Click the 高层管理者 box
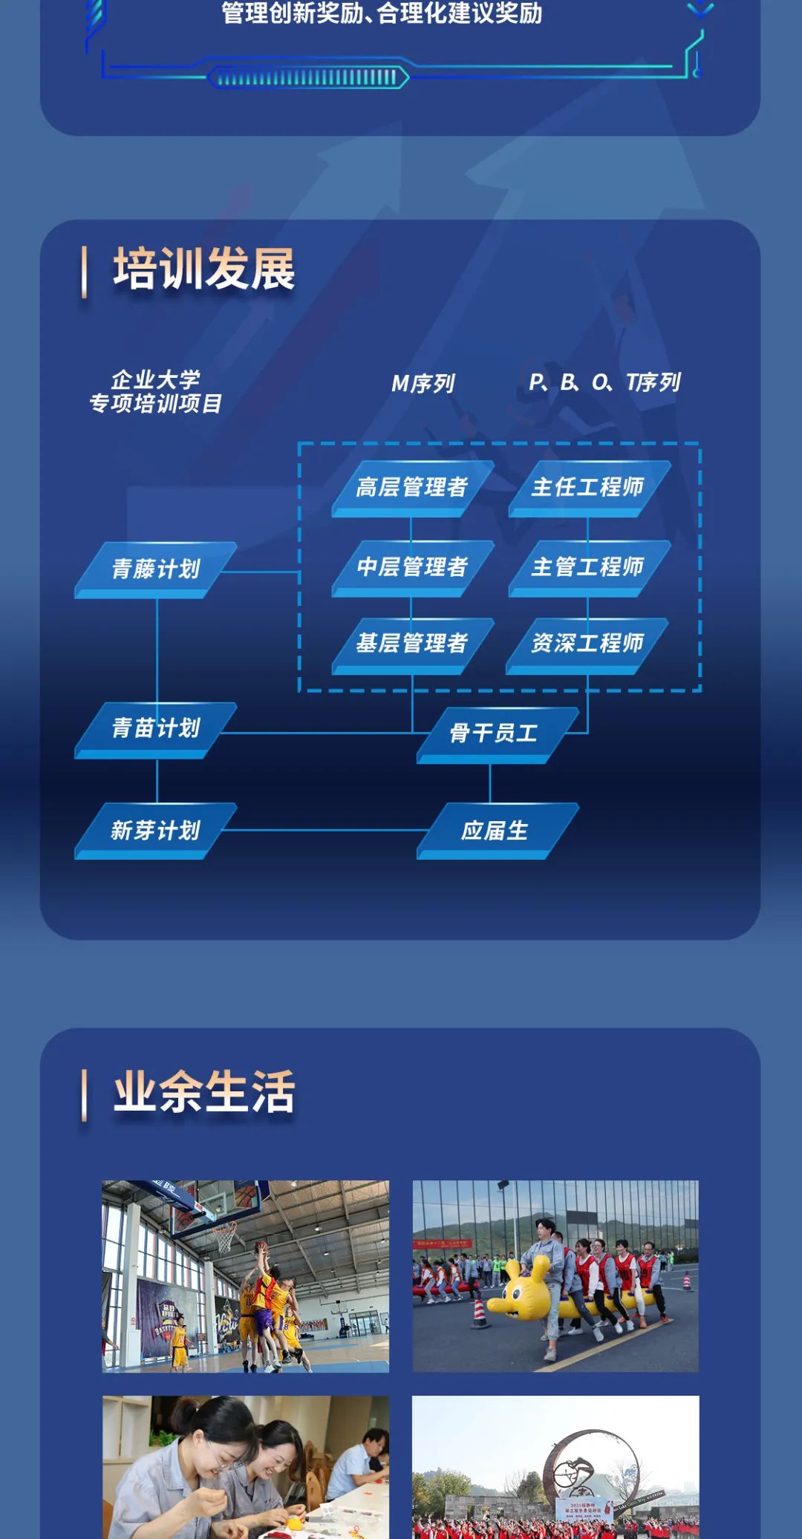412,487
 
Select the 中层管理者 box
412,567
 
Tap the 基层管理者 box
412,643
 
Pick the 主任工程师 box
588,487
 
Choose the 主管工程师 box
588,567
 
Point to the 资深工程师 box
587,643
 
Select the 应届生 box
495,830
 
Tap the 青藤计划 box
156,569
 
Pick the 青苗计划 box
156,728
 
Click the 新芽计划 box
156,830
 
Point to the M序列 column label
423,383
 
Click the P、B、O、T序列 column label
604,382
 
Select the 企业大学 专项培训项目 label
156,392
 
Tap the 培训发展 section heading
204,269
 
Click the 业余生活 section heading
204,1092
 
